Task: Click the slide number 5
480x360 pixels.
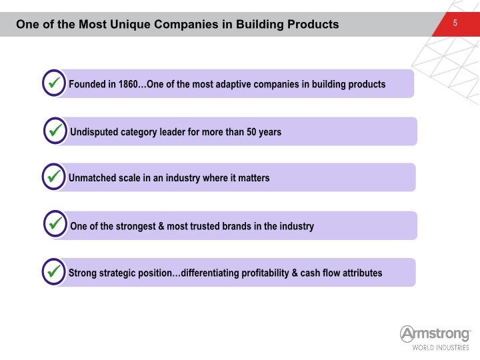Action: point(455,23)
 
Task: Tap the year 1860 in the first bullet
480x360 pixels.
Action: point(128,84)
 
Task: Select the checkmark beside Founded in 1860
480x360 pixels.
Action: point(54,83)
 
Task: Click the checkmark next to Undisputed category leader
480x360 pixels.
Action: point(55,131)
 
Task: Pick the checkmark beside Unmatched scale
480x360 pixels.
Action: point(54,176)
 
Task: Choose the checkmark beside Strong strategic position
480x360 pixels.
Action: point(54,271)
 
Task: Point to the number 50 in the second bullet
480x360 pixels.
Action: point(251,131)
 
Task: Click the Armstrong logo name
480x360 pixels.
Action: point(435,334)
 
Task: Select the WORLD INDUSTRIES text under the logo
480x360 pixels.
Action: point(441,347)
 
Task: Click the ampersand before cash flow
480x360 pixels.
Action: point(295,273)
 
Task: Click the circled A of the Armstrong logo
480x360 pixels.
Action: point(407,334)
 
